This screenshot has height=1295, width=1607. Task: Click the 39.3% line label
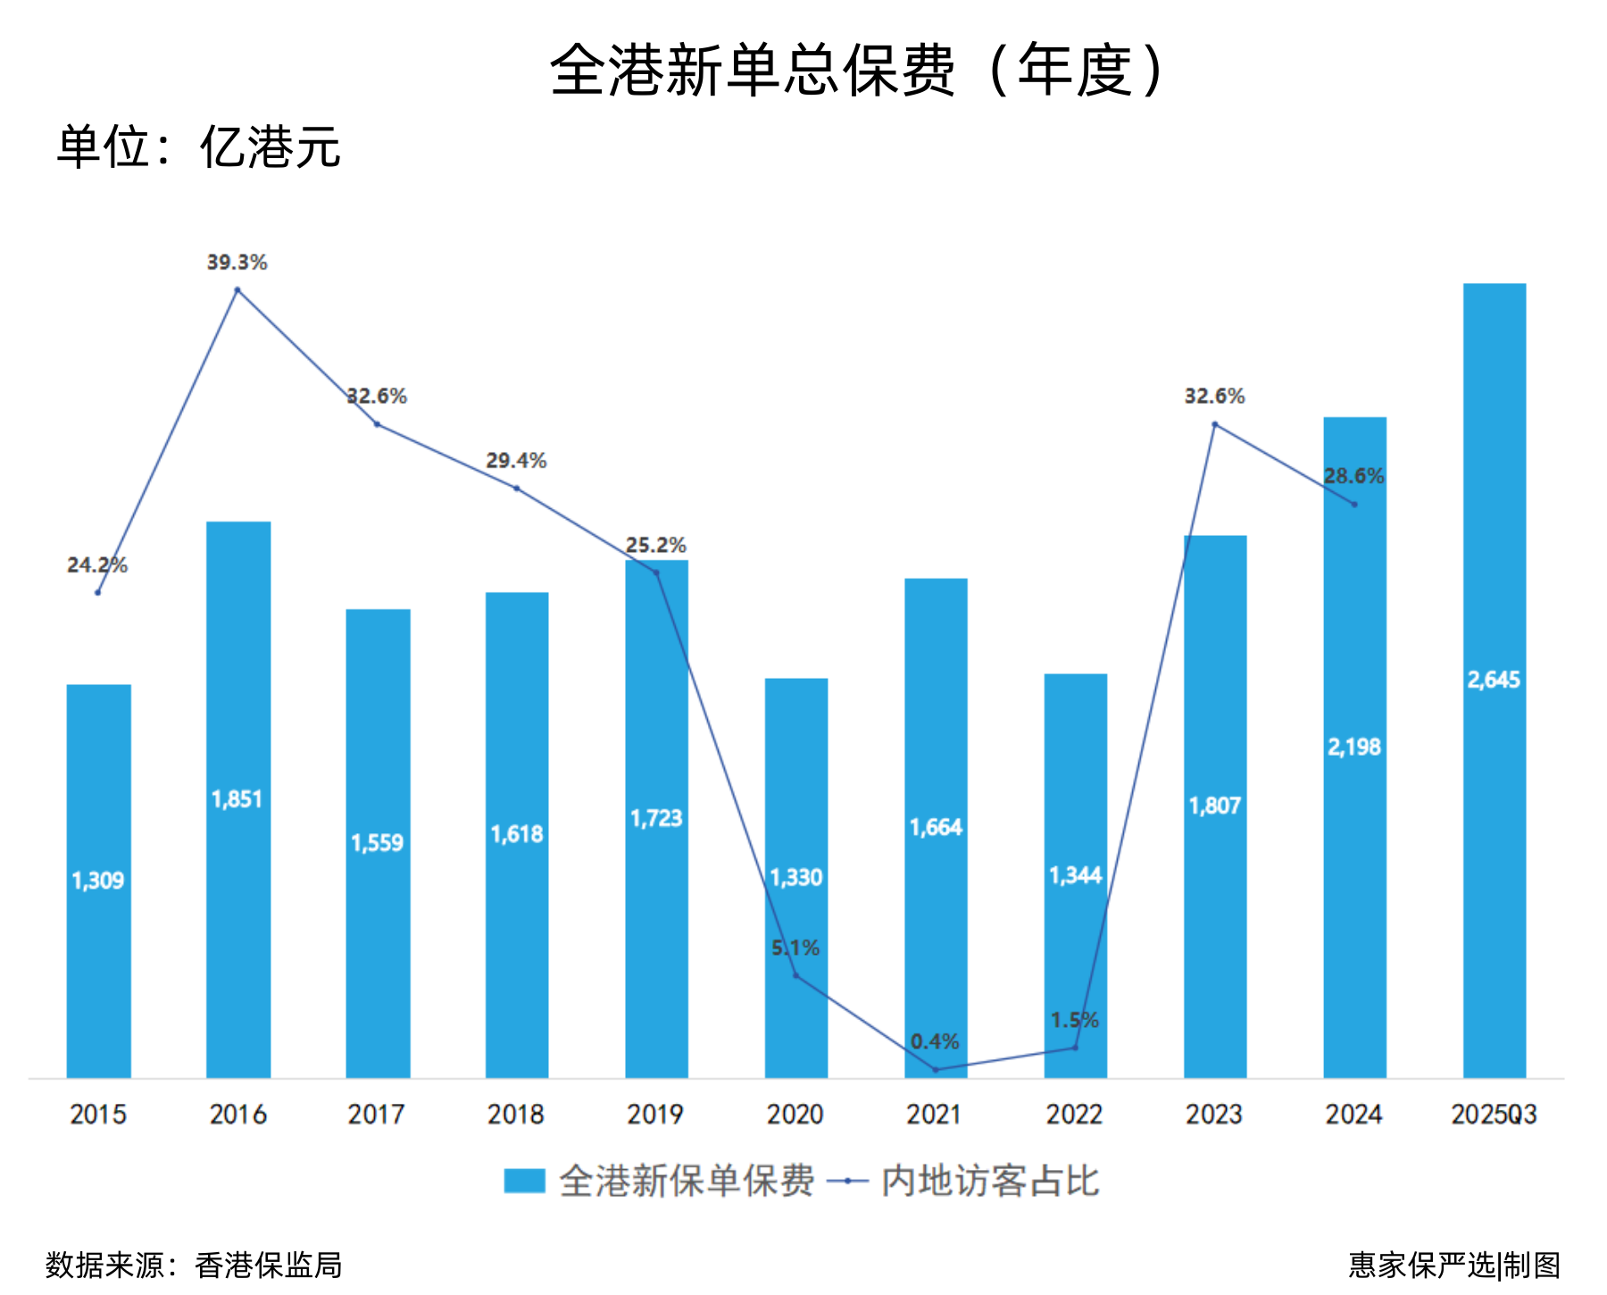pos(237,263)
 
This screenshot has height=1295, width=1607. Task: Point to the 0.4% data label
pos(935,1041)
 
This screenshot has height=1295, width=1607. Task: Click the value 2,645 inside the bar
pos(1494,680)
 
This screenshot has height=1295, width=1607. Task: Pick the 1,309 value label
pos(98,881)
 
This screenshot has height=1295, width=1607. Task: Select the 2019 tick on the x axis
pos(655,1115)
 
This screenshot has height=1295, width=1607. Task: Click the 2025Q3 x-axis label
pos(1494,1115)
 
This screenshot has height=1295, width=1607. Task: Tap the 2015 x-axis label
pos(98,1115)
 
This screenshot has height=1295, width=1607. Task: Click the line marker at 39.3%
pos(237,290)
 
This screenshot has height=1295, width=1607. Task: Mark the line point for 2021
pos(936,1069)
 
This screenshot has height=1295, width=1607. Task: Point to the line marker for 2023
pos(1215,424)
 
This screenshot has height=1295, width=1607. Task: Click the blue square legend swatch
pos(524,1181)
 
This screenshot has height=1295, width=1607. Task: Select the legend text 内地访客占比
pos(990,1181)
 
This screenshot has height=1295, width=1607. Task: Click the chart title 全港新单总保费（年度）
pos(857,70)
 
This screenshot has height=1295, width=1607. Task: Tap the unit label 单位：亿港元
pos(198,147)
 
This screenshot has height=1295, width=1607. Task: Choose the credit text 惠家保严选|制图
pos(1454,1265)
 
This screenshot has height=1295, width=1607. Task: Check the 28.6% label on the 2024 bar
pos(1353,476)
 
